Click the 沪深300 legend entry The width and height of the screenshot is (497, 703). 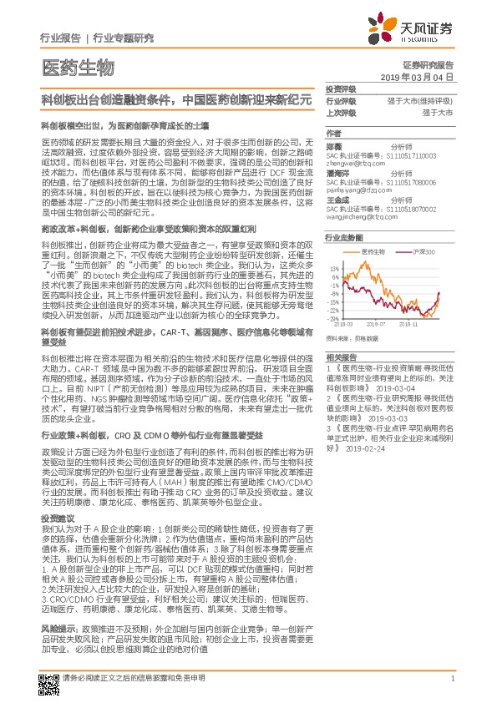pyautogui.click(x=415, y=251)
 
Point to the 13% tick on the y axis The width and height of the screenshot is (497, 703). pyautogui.click(x=334, y=269)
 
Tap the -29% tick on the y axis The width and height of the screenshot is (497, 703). pyautogui.click(x=333, y=318)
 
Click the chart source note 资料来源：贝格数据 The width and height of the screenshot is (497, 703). pyautogui.click(x=354, y=338)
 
